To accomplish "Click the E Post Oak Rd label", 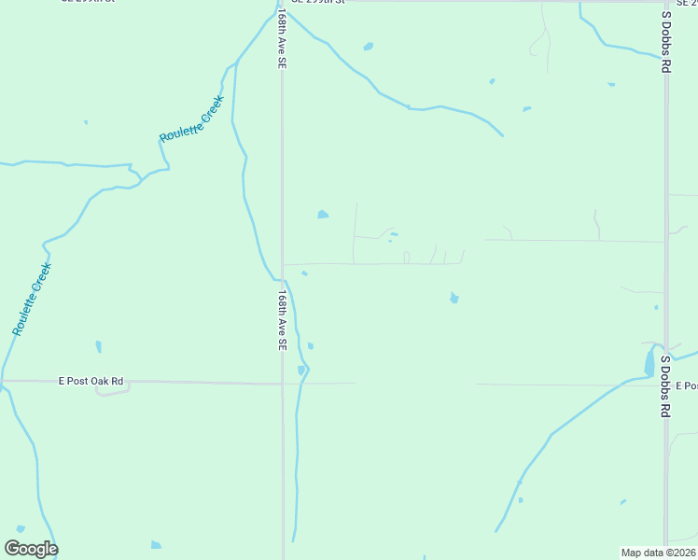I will click(91, 381).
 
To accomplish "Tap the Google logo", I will click(31, 549).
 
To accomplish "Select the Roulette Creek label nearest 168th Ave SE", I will click(191, 119).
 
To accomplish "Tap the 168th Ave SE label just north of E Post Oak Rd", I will click(281, 319).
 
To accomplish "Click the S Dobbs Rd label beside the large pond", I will click(665, 385).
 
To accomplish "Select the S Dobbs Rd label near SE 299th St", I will click(666, 41).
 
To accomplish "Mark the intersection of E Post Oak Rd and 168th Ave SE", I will click(283, 383).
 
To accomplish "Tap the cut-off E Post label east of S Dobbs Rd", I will click(687, 385).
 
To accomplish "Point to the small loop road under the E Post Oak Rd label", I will click(112, 390).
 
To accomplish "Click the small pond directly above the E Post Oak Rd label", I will click(98, 347).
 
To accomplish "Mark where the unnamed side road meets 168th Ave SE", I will click(283, 264).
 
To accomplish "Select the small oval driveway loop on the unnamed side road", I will click(406, 258).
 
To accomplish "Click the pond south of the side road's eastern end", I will click(454, 298).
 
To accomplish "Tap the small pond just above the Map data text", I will click(622, 503).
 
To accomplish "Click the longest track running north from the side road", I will click(355, 233).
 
